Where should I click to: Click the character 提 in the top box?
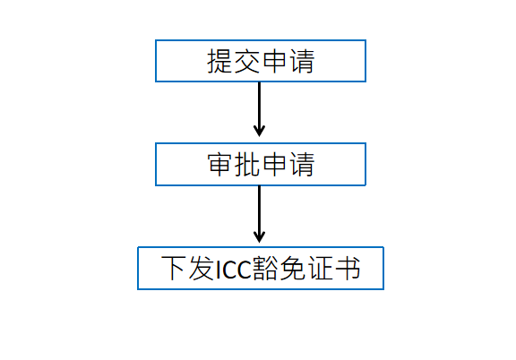point(219,61)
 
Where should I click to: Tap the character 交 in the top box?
point(247,61)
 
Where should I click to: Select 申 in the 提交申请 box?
point(275,61)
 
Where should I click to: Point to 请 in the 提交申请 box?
point(302,61)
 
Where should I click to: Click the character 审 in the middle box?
point(219,165)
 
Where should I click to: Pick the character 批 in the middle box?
point(247,165)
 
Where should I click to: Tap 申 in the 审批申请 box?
point(275,165)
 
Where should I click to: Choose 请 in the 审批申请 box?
point(302,165)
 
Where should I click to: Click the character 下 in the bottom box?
point(173,268)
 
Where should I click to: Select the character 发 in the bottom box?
point(201,268)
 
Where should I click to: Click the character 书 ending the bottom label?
point(348,268)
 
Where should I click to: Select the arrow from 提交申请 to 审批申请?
point(259,109)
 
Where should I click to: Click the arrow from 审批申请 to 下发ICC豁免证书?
point(259,214)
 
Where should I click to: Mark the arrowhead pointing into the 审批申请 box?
point(259,131)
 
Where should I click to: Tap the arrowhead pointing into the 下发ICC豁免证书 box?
point(259,237)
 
